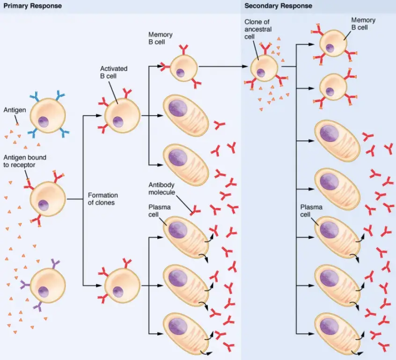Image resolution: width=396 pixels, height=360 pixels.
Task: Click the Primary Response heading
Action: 32,6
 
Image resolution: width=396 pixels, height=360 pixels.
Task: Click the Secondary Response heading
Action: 278,6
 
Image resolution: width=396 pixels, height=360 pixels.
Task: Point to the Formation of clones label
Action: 103,199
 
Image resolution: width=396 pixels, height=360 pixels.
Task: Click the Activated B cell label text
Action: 113,72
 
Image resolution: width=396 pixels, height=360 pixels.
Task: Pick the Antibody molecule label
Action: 163,188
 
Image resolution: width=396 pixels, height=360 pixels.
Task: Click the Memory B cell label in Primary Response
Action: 160,38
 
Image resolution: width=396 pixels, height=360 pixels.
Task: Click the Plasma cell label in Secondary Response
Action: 311,210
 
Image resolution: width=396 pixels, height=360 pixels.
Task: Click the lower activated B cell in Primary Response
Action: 122,285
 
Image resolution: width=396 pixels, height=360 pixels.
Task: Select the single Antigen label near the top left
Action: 14,110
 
